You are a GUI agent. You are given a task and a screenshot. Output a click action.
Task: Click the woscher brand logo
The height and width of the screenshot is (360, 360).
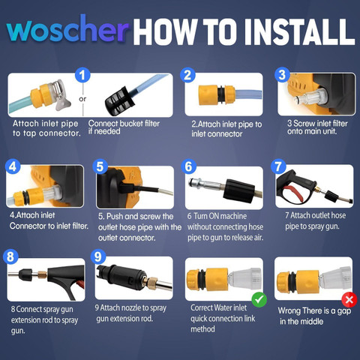point(68,29)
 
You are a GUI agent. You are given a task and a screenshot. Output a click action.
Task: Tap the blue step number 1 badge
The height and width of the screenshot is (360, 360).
point(82,75)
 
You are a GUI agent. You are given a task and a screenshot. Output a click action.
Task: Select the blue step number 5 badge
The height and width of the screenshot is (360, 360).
point(100,167)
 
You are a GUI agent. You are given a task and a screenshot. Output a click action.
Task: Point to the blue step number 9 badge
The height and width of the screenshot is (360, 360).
point(98,256)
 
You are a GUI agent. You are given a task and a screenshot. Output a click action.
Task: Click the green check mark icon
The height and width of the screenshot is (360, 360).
point(259,299)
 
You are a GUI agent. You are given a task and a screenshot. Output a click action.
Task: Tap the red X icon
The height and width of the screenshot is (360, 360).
point(349,299)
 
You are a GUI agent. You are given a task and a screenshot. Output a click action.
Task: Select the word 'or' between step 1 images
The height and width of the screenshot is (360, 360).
point(82,99)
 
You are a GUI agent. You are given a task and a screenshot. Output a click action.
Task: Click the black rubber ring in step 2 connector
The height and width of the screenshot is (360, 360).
point(220,95)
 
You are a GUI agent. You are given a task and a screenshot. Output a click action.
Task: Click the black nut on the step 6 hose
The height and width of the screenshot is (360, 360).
point(238,191)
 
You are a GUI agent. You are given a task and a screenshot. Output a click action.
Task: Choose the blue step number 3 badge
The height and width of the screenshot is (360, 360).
point(282,75)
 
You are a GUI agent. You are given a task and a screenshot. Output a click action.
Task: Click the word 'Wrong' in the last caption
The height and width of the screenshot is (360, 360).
point(289,310)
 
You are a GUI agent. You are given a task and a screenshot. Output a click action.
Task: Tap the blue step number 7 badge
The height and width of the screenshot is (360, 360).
point(278,166)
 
